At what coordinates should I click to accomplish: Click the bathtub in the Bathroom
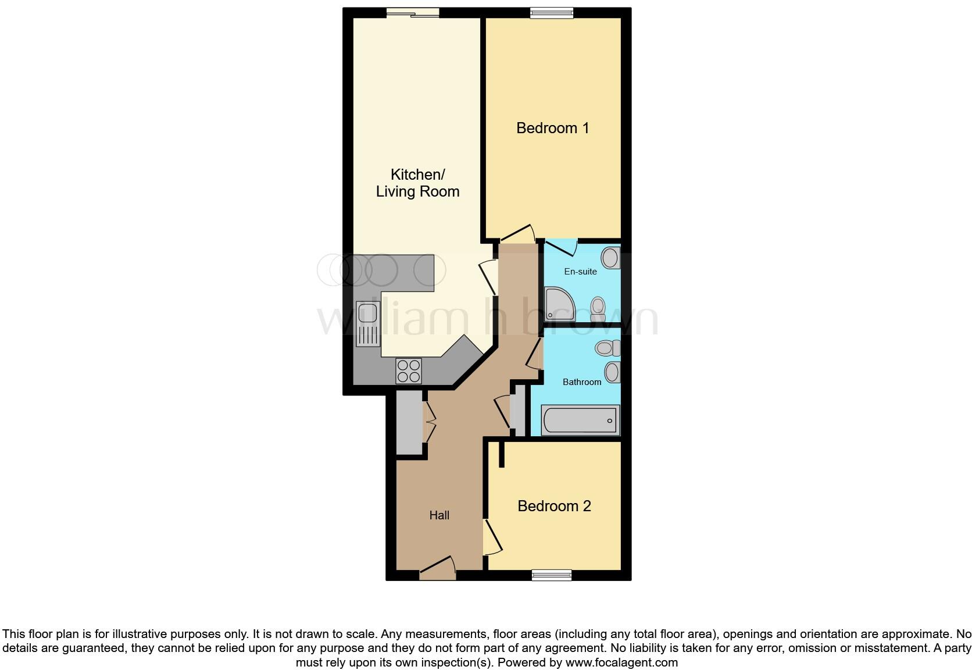(580, 420)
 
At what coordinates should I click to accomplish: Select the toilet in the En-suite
(598, 308)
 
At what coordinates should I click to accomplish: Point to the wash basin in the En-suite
(610, 257)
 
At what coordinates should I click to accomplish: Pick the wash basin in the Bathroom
(612, 372)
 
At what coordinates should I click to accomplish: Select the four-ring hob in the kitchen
(409, 370)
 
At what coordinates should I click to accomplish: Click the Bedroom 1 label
(552, 128)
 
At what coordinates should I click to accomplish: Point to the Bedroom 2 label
(554, 506)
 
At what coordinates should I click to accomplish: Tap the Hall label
(439, 515)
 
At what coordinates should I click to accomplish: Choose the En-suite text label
(580, 272)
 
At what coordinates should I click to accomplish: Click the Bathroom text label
(581, 382)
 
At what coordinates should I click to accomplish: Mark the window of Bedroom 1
(552, 13)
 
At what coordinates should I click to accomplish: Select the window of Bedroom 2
(552, 575)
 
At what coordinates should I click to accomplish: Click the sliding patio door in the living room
(413, 13)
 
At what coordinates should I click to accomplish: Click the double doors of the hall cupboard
(429, 421)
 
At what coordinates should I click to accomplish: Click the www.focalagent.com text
(621, 662)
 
